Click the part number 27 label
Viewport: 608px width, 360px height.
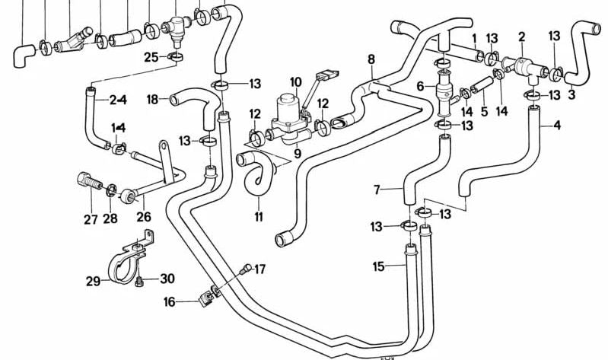tap(91, 220)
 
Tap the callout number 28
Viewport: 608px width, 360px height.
tap(111, 220)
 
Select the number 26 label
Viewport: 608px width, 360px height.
tap(143, 217)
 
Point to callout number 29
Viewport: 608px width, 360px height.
tap(93, 282)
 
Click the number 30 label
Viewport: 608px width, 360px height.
tap(167, 279)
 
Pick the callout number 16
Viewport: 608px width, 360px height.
tap(168, 302)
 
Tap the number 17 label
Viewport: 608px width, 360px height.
tap(259, 268)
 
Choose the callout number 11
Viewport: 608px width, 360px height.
tap(258, 218)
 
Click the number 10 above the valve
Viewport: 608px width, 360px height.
tap(295, 81)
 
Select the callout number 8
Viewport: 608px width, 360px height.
tap(371, 59)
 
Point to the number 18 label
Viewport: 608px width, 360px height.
tap(152, 99)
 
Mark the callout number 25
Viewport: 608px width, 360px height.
tap(151, 56)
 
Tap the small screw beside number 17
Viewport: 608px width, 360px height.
tap(245, 268)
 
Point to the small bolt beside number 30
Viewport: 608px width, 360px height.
tap(139, 282)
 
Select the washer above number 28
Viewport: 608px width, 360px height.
tap(111, 190)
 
